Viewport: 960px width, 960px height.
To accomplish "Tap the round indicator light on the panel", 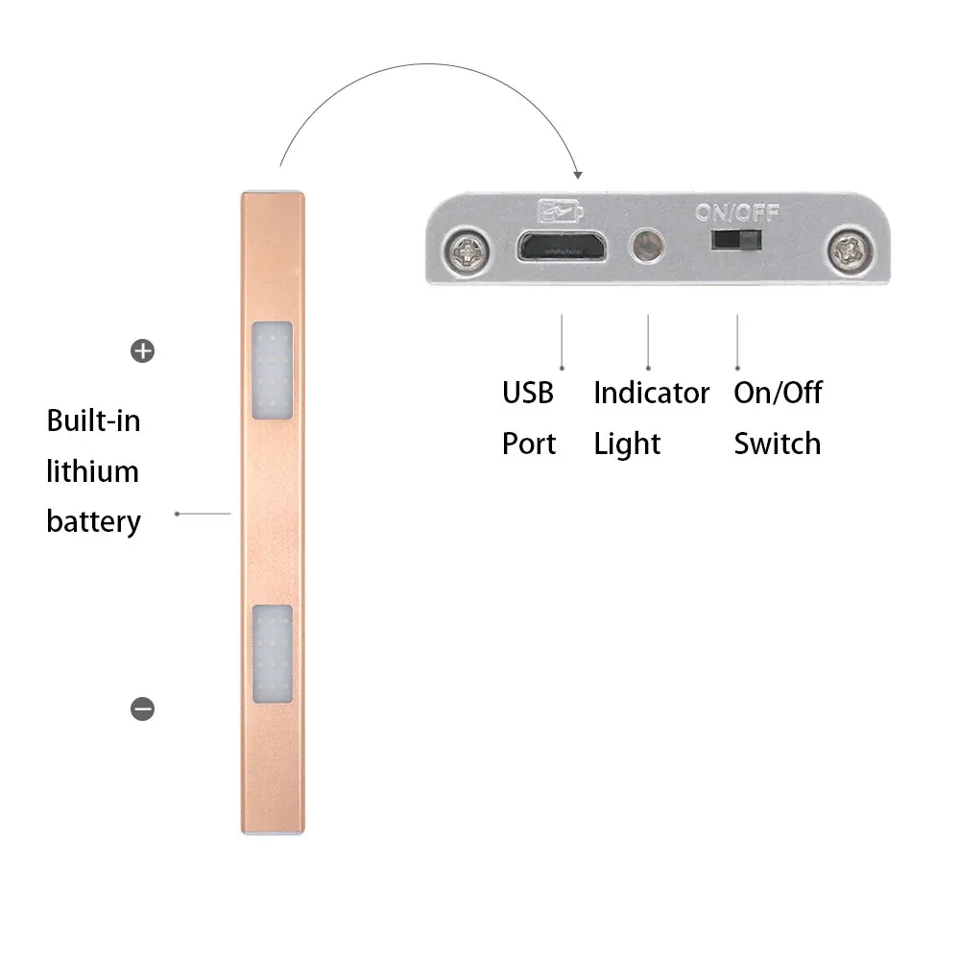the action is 647,245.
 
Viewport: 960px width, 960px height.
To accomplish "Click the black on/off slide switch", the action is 737,239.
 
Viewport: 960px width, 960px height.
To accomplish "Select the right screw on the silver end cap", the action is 850,252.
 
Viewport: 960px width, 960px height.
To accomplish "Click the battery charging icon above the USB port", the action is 561,210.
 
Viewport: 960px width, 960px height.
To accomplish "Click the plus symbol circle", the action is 142,351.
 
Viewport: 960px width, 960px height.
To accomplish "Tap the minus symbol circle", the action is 142,708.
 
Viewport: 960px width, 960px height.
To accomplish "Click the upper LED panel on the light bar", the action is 272,370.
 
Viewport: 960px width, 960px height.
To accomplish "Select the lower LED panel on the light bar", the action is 272,653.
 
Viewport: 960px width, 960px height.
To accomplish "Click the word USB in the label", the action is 528,393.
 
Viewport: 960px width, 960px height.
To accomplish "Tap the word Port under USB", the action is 529,444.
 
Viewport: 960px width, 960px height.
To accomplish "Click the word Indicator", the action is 651,393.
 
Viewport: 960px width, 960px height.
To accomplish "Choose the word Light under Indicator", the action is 627,444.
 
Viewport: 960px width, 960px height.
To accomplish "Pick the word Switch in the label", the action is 777,444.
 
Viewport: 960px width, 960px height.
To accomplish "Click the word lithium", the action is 93,471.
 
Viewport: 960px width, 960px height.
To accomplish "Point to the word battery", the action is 93,521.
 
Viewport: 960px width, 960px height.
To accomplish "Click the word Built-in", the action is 93,420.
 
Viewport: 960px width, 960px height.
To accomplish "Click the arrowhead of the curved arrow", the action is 577,174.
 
